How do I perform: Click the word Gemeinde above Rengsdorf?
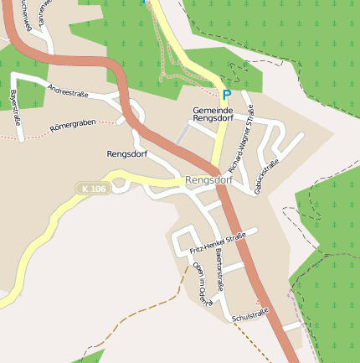coord(213,110)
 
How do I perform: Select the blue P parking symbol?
coord(226,96)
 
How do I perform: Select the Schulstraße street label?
coord(249,316)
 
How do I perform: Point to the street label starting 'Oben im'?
coord(199,283)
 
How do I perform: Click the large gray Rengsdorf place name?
coord(208,180)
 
